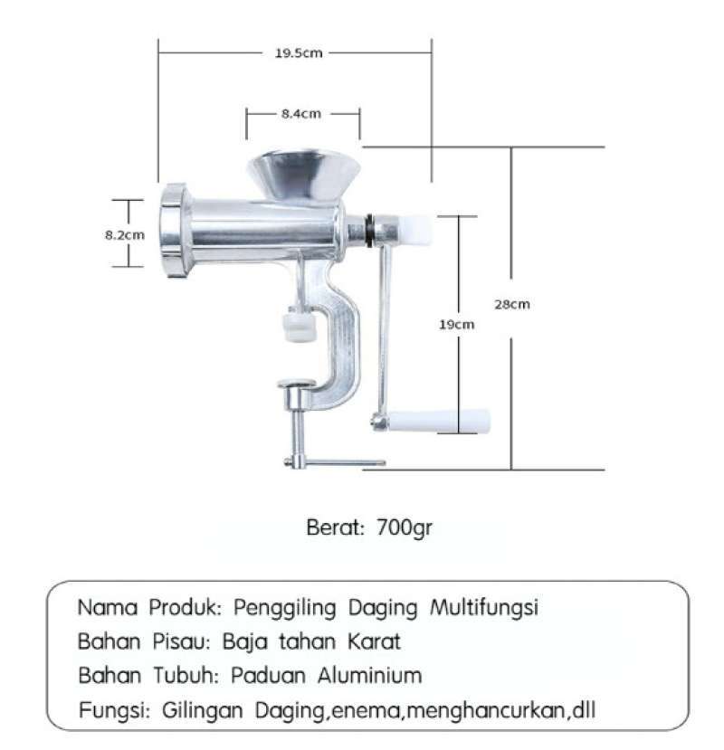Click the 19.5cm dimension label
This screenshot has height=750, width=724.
(299, 52)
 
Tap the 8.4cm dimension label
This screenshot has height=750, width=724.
(300, 114)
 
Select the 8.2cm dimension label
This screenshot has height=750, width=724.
(124, 234)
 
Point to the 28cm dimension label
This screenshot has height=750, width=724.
(511, 304)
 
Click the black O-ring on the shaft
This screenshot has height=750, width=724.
(370, 230)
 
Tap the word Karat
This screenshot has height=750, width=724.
(373, 642)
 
